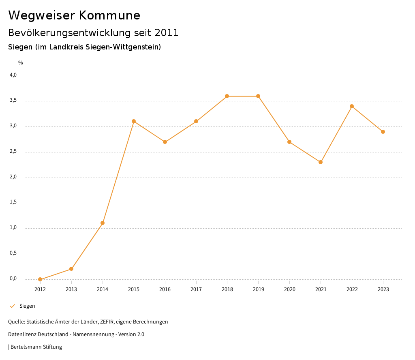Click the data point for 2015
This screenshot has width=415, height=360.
coord(134,121)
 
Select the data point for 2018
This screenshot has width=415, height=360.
coord(227,96)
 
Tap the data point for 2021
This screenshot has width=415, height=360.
coord(321,162)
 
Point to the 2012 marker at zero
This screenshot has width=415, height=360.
coord(40,279)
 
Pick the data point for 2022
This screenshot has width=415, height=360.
coord(352,106)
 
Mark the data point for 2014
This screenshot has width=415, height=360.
coord(103,223)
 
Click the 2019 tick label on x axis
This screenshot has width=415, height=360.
coord(259,289)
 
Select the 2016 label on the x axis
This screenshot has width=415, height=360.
coord(165,289)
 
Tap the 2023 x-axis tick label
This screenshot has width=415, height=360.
coord(383,289)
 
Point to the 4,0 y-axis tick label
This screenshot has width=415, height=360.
coord(13,75)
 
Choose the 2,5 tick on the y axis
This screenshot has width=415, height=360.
coord(13,152)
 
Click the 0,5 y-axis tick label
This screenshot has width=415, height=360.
coord(13,253)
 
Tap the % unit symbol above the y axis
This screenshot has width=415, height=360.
coord(21,63)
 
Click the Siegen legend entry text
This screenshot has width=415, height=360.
coord(27,306)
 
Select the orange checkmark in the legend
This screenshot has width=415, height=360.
coord(12,306)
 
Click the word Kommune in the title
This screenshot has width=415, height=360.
coord(109,15)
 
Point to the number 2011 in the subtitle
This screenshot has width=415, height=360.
coord(167,33)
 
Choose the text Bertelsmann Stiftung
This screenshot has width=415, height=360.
coord(36,347)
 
